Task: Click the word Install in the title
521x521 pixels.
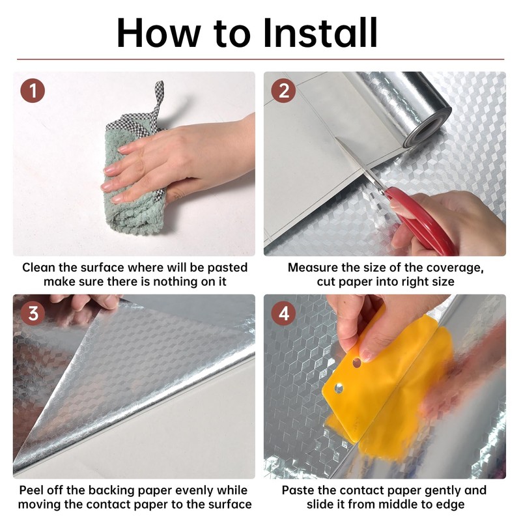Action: point(320,33)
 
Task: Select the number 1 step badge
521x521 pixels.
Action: point(33,90)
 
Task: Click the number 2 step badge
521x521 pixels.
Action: point(283,90)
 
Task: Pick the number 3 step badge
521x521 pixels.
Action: point(33,313)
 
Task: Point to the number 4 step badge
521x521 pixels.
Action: point(283,313)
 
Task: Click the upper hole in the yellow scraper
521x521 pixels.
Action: point(356,363)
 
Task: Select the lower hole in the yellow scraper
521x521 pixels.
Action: point(339,388)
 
